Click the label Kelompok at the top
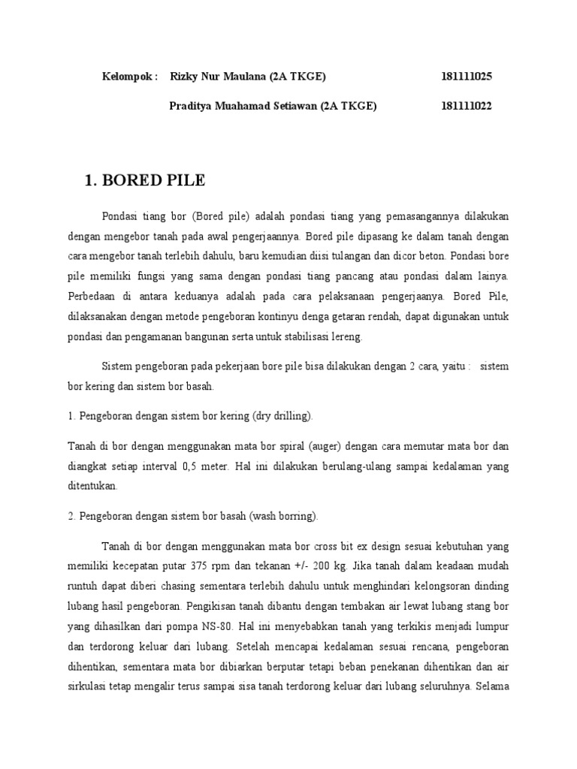click(x=129, y=77)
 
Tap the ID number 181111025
click(x=467, y=77)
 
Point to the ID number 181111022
click(x=467, y=107)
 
